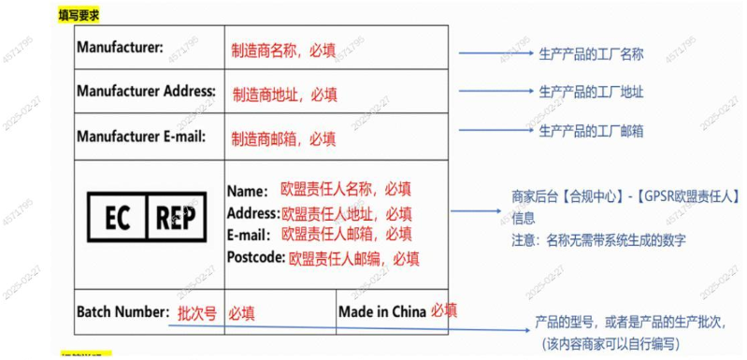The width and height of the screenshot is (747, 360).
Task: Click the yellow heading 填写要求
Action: tap(79, 15)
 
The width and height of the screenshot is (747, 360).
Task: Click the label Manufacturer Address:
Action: tap(146, 92)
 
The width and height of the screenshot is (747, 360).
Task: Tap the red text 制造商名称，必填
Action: tap(283, 50)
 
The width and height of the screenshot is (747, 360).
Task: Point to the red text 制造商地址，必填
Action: tap(284, 94)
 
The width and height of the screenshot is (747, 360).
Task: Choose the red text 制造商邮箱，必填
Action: tap(283, 138)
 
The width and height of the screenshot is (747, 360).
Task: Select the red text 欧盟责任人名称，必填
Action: tap(346, 190)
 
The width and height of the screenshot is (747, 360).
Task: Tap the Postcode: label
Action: tap(255, 256)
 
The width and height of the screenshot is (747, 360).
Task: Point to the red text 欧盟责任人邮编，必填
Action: tap(353, 258)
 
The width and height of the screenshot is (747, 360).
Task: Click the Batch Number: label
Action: tap(122, 311)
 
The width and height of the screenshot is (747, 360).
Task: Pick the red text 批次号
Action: tap(197, 313)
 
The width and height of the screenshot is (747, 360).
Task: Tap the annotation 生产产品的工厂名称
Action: tap(591, 54)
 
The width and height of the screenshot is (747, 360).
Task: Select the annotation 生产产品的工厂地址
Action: tap(591, 92)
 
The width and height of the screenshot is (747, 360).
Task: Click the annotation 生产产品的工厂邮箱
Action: tap(591, 130)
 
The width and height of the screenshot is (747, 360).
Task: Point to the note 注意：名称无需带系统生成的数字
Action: tap(598, 240)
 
